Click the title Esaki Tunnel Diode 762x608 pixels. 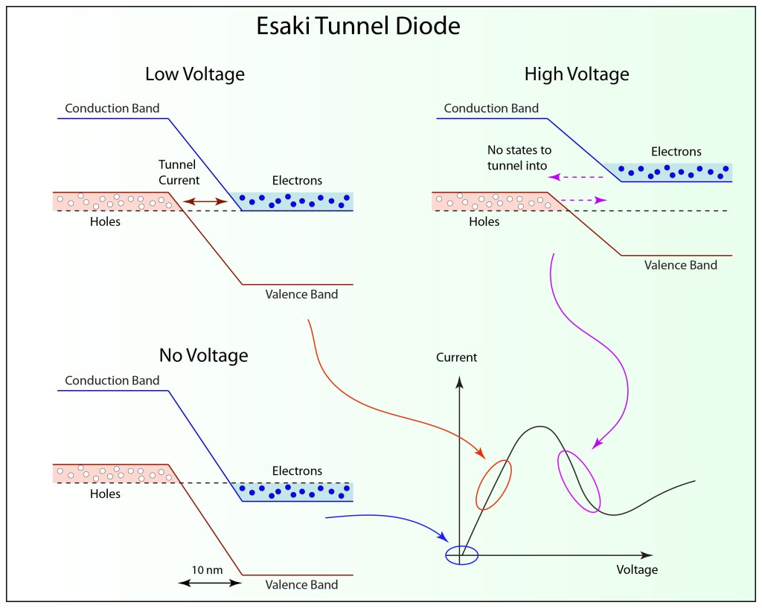359,27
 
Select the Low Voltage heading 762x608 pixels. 195,74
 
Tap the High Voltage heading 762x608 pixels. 577,74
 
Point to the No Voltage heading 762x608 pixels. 203,355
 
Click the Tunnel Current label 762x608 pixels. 179,172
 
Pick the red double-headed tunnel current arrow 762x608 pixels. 205,201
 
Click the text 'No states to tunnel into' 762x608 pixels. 519,157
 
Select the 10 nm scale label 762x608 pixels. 207,569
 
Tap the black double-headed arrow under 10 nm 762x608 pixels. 211,583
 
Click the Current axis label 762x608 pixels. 457,358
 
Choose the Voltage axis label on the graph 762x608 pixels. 637,570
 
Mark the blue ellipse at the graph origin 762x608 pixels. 461,555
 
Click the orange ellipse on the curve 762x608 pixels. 494,484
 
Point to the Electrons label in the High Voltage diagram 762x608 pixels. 676,152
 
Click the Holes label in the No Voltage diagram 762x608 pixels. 105,494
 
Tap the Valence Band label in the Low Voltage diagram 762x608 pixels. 301,294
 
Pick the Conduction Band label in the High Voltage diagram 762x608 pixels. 491,109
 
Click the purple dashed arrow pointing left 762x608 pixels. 574,178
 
